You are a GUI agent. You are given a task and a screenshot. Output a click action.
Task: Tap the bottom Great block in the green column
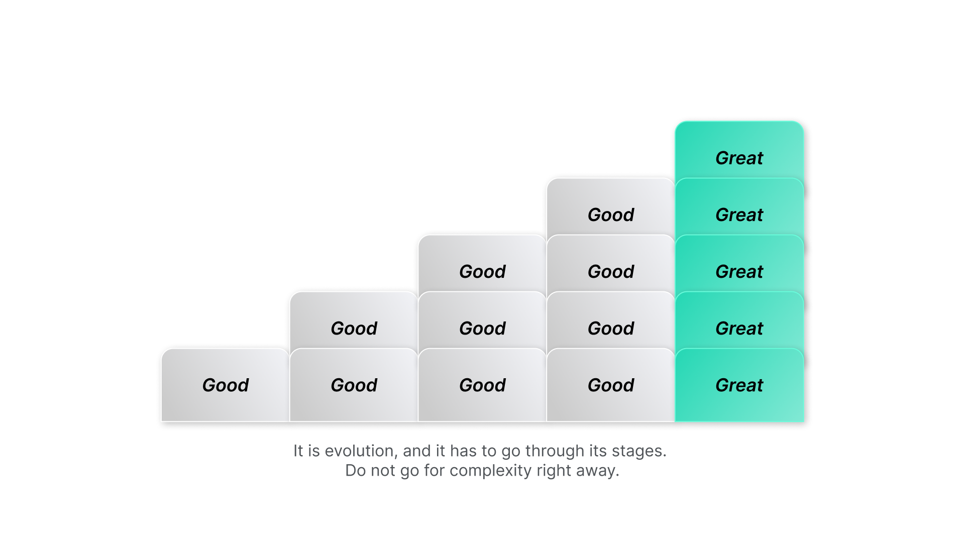739,385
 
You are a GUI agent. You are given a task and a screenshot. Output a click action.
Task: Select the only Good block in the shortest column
226,385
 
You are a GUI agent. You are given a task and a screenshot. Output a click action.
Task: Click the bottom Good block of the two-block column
354,385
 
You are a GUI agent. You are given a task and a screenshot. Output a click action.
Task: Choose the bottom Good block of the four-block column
611,385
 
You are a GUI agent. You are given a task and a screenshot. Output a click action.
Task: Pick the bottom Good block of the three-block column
482,385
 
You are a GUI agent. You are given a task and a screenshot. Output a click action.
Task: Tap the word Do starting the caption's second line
356,471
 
